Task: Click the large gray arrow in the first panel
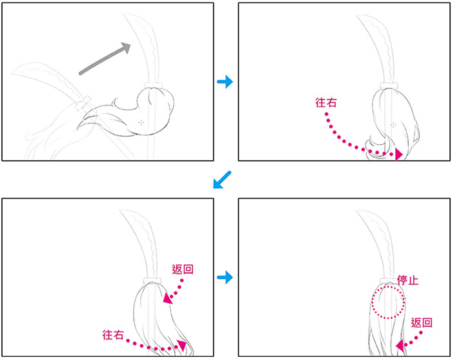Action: pyautogui.click(x=105, y=59)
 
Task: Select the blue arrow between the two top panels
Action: pyautogui.click(x=225, y=81)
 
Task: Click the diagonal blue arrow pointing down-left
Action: pyautogui.click(x=222, y=180)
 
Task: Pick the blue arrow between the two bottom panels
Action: pyautogui.click(x=225, y=277)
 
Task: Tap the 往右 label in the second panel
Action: pyautogui.click(x=326, y=102)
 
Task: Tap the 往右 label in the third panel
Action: pyautogui.click(x=113, y=335)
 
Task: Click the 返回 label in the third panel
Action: pyautogui.click(x=183, y=269)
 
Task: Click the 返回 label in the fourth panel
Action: pyautogui.click(x=422, y=323)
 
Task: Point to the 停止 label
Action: pyautogui.click(x=408, y=280)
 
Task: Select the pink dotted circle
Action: pyautogui.click(x=372, y=302)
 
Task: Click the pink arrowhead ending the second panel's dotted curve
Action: pyautogui.click(x=398, y=154)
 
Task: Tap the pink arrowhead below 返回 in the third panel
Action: pyautogui.click(x=168, y=299)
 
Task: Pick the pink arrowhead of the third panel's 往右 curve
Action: pyautogui.click(x=182, y=345)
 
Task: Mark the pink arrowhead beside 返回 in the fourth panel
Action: pyautogui.click(x=400, y=346)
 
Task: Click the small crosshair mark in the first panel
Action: pyautogui.click(x=141, y=123)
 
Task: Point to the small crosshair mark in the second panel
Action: pyautogui.click(x=393, y=125)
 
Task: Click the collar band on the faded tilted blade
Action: pyautogui.click(x=82, y=103)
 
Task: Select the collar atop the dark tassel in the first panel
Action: pyautogui.click(x=153, y=85)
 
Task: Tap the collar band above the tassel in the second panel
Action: pyautogui.click(x=389, y=86)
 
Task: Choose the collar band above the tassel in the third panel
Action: pyautogui.click(x=152, y=281)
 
